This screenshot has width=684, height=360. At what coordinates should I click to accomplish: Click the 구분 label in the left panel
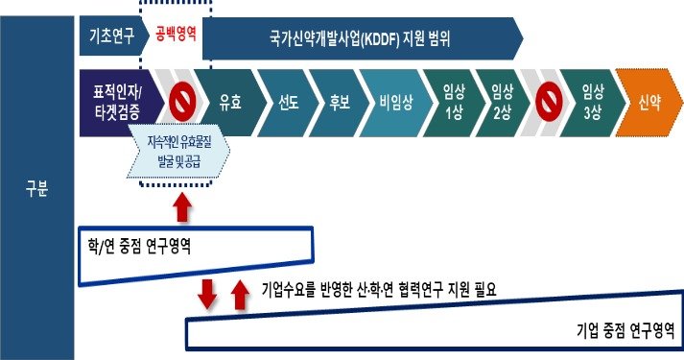point(36,188)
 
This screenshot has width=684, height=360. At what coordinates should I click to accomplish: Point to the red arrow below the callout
point(182,206)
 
